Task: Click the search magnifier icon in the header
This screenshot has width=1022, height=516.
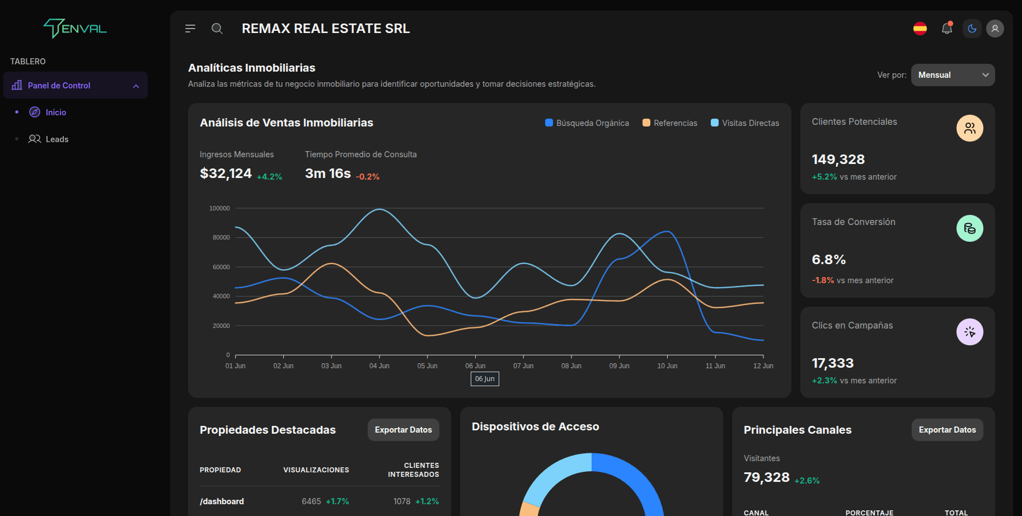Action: (217, 29)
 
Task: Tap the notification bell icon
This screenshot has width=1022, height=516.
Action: (946, 29)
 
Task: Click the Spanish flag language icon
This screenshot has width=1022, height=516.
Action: (920, 29)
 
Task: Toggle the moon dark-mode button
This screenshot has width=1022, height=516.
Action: (972, 29)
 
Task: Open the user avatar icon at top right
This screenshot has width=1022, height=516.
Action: (995, 29)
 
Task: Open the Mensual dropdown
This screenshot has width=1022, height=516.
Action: (953, 75)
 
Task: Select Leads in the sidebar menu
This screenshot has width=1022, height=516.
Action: (57, 139)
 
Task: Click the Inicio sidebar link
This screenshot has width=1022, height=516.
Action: (55, 112)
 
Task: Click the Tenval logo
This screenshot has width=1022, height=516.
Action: (75, 28)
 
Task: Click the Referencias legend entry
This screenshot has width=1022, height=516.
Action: (670, 123)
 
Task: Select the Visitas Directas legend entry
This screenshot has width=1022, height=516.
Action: (745, 123)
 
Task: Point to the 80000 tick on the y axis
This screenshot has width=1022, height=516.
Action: (221, 237)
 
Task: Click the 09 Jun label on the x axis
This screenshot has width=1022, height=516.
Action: (619, 366)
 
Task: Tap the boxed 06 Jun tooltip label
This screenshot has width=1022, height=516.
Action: (485, 379)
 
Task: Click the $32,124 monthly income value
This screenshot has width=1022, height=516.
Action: (226, 173)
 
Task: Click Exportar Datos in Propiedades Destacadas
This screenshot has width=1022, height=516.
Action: (403, 430)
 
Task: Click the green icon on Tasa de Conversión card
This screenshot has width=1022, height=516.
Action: (969, 228)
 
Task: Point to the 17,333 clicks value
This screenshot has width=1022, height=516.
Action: (832, 363)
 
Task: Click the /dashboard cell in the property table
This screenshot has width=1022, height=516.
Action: (222, 501)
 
